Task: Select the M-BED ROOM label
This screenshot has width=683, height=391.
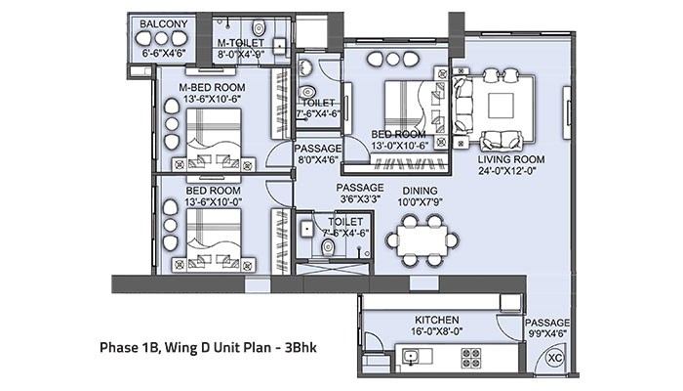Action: point(212,88)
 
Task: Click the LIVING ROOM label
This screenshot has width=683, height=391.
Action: point(510,157)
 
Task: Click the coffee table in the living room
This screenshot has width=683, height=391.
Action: point(505,105)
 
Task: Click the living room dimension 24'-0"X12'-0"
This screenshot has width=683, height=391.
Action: point(510,169)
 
